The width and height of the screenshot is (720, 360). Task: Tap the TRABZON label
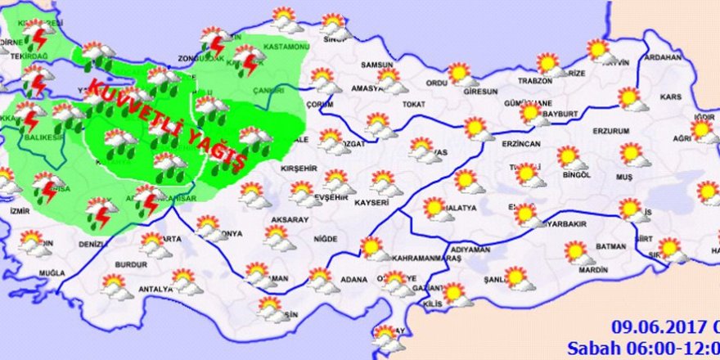[x=536, y=81]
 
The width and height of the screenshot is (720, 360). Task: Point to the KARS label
[x=670, y=97]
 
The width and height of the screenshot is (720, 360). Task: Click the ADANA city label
[x=354, y=280]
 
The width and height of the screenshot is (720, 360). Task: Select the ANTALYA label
[x=155, y=289]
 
